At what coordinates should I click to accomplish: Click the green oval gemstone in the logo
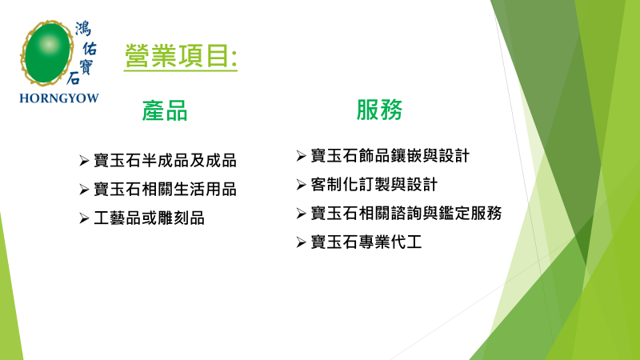[x=47, y=53]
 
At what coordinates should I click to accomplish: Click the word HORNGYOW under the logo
[x=59, y=98]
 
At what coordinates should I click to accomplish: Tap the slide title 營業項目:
[x=181, y=56]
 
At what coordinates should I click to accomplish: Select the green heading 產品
[x=165, y=110]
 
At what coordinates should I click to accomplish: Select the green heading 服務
[x=379, y=110]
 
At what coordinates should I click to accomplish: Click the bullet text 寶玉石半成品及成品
[x=166, y=161]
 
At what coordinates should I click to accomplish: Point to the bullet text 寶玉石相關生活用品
[x=166, y=190]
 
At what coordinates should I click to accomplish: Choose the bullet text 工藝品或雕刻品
[x=149, y=218]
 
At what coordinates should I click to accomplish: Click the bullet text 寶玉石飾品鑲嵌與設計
[x=390, y=155]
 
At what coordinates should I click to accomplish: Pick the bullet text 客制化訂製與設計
[x=374, y=185]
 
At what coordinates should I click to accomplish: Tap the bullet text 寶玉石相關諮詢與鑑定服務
[x=406, y=213]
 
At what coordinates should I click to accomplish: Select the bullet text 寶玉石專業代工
[x=366, y=242]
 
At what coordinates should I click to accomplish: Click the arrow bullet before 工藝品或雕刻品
[x=84, y=218]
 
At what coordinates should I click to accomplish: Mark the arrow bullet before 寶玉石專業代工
[x=302, y=242]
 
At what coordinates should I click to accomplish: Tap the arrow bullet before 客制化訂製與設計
[x=302, y=185]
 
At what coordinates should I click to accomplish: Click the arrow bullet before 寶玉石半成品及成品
[x=84, y=161]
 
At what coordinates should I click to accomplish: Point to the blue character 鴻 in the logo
[x=83, y=29]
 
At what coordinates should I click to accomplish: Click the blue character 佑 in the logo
[x=90, y=48]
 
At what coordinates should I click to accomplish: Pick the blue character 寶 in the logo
[x=86, y=66]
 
